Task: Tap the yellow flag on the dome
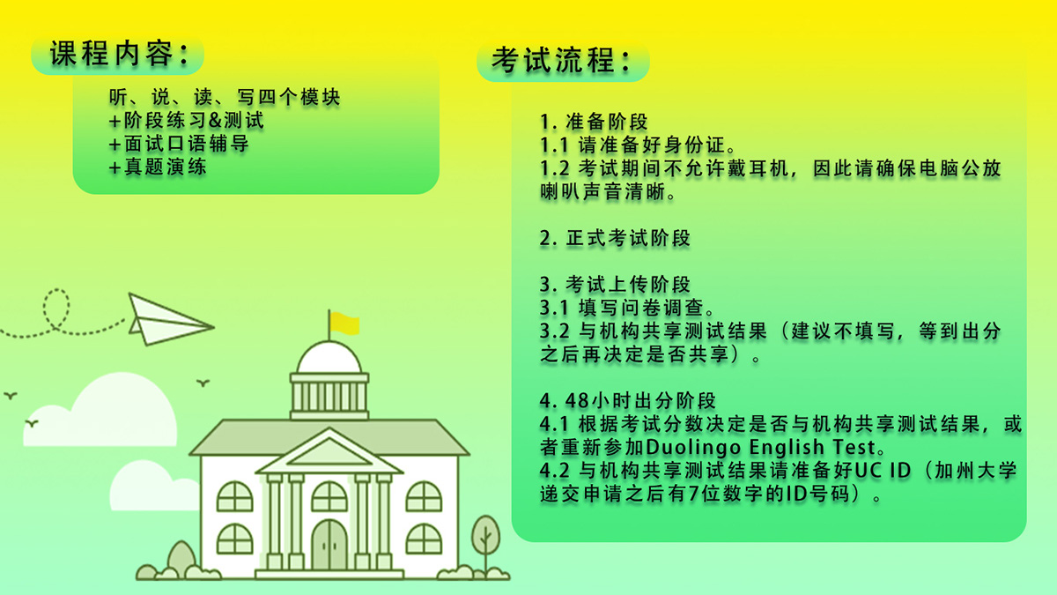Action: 344,324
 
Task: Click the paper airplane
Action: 171,319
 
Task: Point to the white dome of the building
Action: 329,358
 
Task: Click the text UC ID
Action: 883,471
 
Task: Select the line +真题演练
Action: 158,167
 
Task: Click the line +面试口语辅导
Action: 179,144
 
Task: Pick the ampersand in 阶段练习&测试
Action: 215,121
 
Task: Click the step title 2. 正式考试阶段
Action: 615,238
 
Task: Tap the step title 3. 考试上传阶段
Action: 615,284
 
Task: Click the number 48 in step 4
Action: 577,400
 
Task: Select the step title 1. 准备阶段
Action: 594,122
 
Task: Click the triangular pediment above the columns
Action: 329,450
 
